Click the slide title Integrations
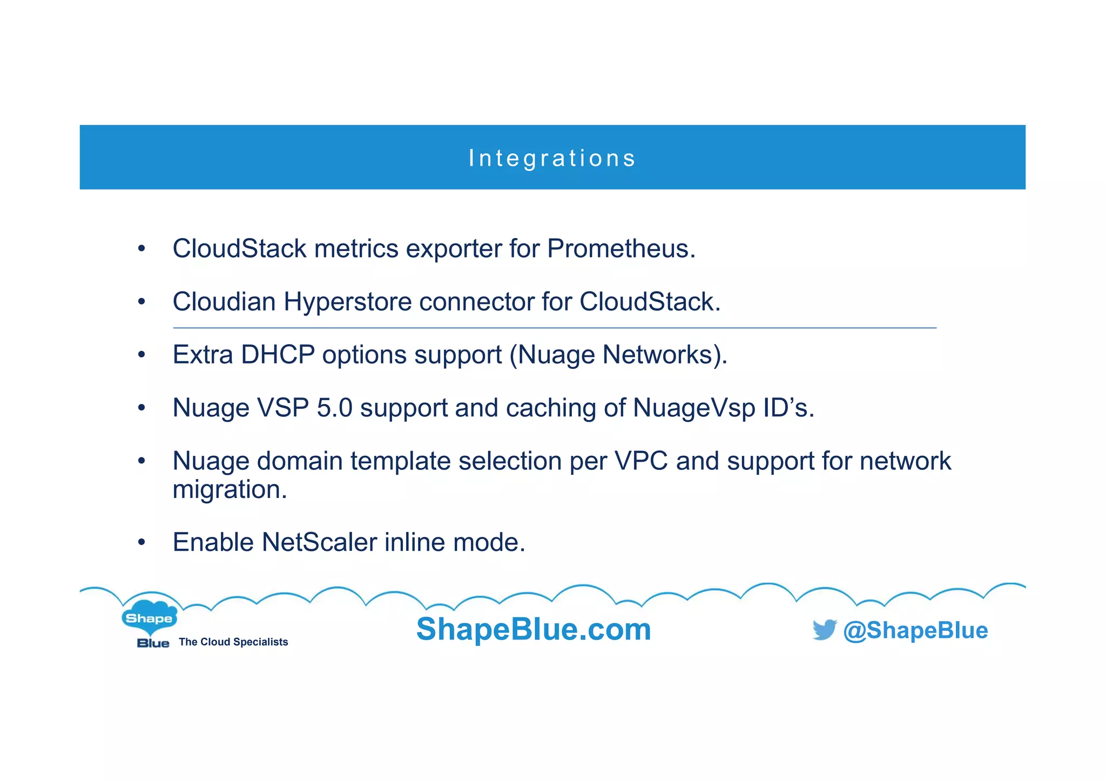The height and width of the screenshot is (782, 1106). click(x=552, y=158)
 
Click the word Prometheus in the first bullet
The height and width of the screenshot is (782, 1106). click(x=621, y=249)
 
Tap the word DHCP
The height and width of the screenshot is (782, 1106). click(x=278, y=355)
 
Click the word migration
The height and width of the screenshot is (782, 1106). click(x=230, y=490)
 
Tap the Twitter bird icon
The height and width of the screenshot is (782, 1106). click(x=824, y=630)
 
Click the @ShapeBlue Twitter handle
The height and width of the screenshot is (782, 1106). click(x=915, y=630)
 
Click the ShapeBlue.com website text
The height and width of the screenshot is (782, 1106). click(x=534, y=629)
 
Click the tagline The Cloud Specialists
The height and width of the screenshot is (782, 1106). click(x=233, y=642)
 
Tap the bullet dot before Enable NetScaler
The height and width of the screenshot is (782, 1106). click(x=141, y=542)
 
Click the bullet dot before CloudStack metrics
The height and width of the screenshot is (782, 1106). click(x=141, y=249)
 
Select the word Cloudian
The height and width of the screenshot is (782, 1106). click(x=224, y=302)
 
